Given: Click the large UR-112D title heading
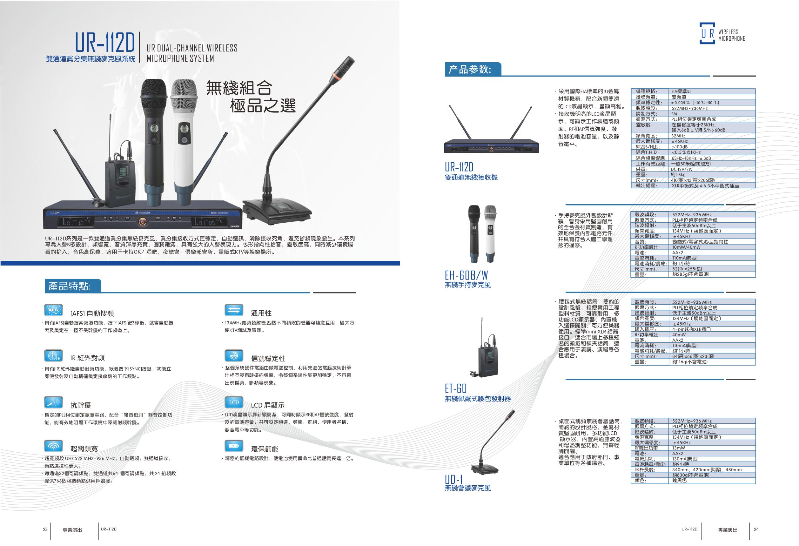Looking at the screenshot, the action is click(x=105, y=43).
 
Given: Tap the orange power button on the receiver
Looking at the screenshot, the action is click(x=143, y=222).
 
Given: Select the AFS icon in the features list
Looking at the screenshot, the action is click(x=54, y=310).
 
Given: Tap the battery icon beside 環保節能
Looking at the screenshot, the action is click(x=234, y=446).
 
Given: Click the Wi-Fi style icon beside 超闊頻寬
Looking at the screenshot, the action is click(x=54, y=446).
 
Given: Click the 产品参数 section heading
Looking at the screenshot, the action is click(x=470, y=70).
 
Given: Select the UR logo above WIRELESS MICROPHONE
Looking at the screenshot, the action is click(x=708, y=33).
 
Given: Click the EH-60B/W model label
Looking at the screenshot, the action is click(x=466, y=275).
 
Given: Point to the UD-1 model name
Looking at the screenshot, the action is click(x=453, y=479).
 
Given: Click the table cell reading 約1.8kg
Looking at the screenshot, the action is click(x=678, y=175).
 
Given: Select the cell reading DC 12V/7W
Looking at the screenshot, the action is click(x=682, y=169).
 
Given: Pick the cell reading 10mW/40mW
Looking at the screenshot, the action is click(x=686, y=247).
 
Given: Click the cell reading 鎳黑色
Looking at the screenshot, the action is click(x=679, y=480).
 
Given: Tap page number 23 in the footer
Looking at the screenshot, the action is click(x=45, y=529).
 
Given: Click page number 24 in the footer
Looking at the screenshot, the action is click(x=756, y=529).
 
